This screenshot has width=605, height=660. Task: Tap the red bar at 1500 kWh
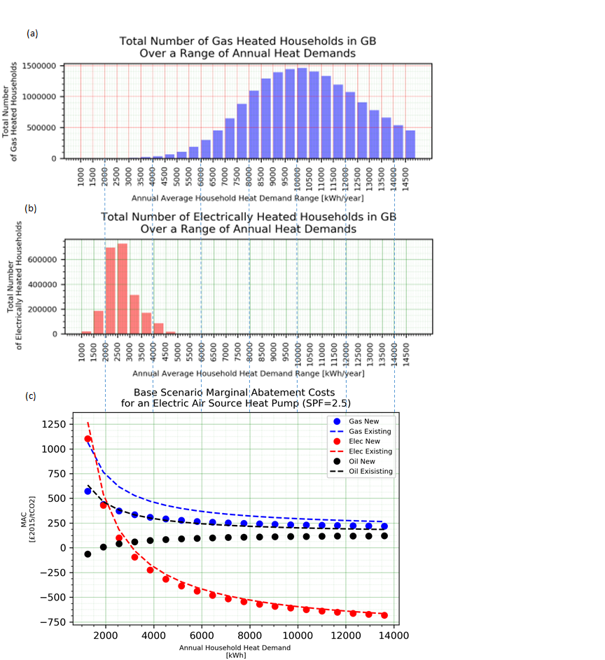99,323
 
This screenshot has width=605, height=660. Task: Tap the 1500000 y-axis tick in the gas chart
43,66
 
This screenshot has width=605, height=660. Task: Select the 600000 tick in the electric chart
46,260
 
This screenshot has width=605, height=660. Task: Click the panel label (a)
32,33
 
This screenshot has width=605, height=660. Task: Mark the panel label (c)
31,396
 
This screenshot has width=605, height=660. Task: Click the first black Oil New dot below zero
88,554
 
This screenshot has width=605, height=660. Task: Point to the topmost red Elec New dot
88,439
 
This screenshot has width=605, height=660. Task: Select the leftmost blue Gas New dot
88,491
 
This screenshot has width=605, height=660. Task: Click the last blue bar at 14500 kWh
410,144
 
